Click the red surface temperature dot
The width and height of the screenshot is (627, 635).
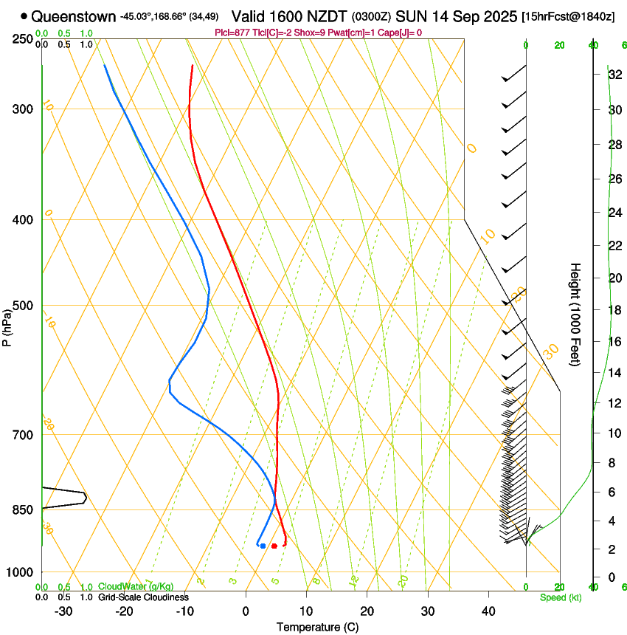click(274, 546)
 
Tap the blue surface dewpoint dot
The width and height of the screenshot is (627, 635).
click(263, 546)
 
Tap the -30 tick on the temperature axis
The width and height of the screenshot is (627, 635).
click(63, 611)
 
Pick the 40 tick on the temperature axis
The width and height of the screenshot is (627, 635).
click(488, 611)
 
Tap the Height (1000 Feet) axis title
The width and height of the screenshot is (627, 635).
click(576, 314)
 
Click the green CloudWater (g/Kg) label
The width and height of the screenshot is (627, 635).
click(136, 586)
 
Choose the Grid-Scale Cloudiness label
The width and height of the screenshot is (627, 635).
click(143, 597)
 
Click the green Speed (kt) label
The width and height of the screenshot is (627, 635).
click(561, 597)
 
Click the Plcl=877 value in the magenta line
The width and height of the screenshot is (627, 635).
click(232, 32)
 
